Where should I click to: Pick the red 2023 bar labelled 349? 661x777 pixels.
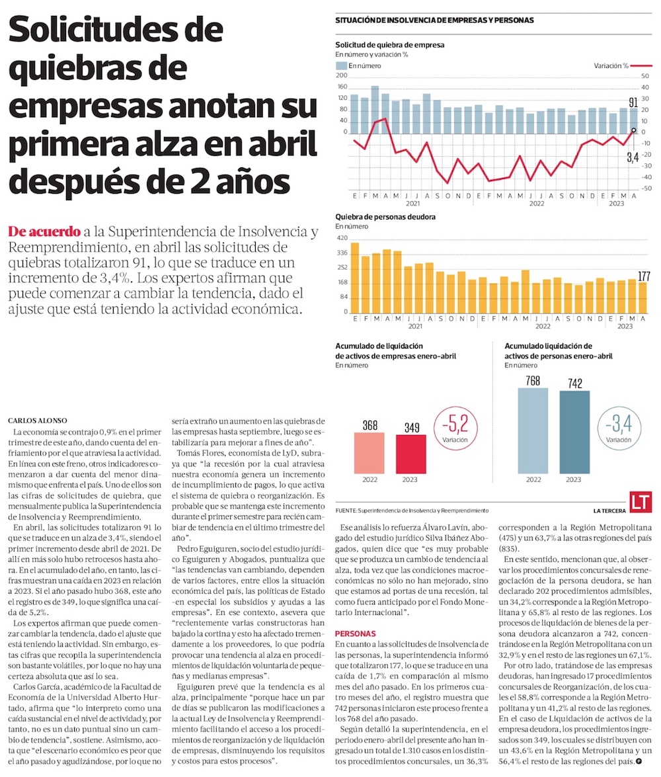pos(411,454)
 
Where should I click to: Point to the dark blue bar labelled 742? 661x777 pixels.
pos(575,432)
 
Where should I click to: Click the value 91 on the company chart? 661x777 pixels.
pos(633,102)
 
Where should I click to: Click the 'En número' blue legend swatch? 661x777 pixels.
pos(341,66)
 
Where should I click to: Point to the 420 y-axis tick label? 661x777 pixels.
pos(342,238)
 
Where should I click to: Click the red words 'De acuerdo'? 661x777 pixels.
pos(44,232)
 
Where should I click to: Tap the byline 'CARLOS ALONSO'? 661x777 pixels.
pos(36,420)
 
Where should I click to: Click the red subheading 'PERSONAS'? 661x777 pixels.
pos(356,633)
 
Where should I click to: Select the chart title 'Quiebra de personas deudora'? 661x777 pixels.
pos(385,216)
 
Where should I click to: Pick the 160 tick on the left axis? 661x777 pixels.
pos(342,87)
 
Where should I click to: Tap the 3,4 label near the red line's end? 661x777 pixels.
pos(632,158)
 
